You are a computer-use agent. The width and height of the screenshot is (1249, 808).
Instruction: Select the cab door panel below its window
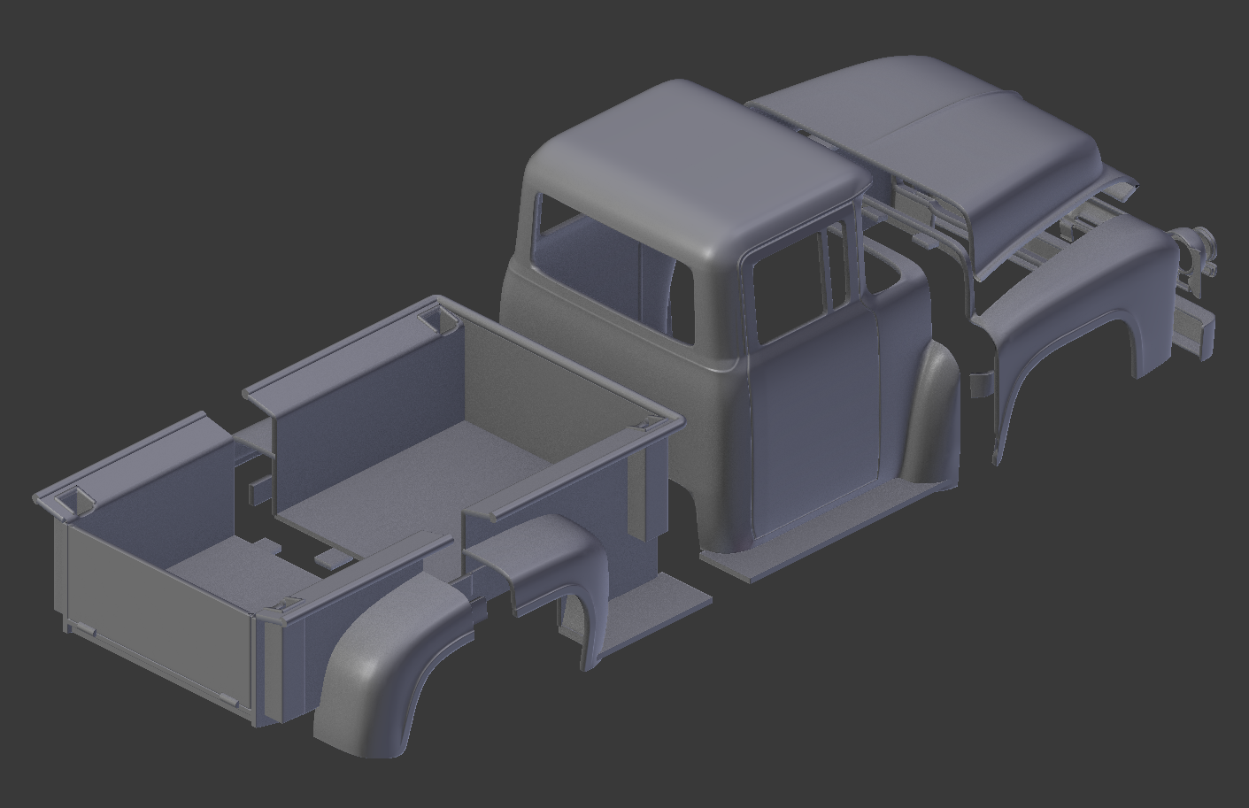(814, 425)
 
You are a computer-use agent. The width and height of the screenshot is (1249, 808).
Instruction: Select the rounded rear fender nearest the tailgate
(389, 673)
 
